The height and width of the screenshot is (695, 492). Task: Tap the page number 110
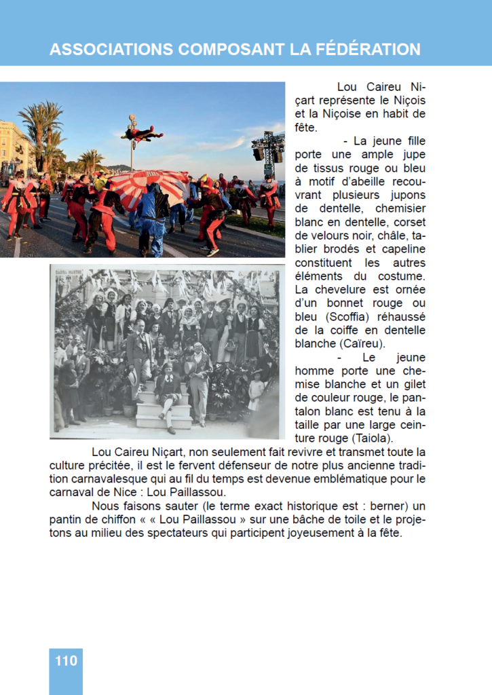point(66,660)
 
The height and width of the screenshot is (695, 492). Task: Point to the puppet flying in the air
point(141,134)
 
